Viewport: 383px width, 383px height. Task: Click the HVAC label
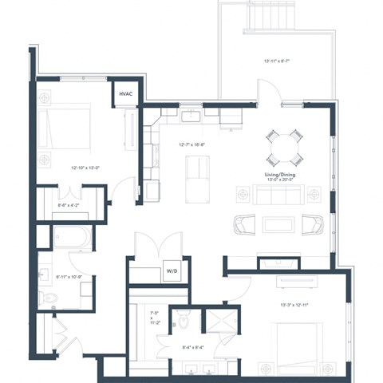[126, 94]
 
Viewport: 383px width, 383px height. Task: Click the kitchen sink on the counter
[191, 117]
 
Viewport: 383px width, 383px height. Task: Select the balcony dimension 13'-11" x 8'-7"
[278, 61]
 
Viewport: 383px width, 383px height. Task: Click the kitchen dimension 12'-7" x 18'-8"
[194, 144]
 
